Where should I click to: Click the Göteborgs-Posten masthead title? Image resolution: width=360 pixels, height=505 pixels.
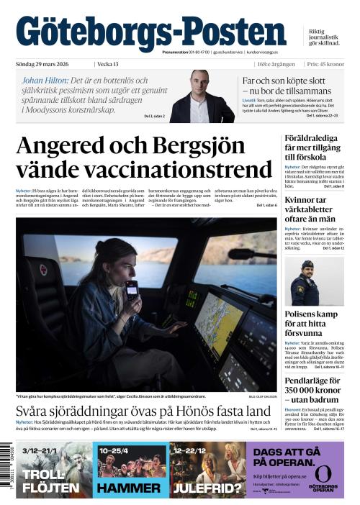(x=151, y=32)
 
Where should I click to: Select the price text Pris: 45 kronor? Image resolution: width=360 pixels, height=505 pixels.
(x=327, y=64)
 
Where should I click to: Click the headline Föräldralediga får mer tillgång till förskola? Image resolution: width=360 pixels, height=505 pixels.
(x=314, y=147)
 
